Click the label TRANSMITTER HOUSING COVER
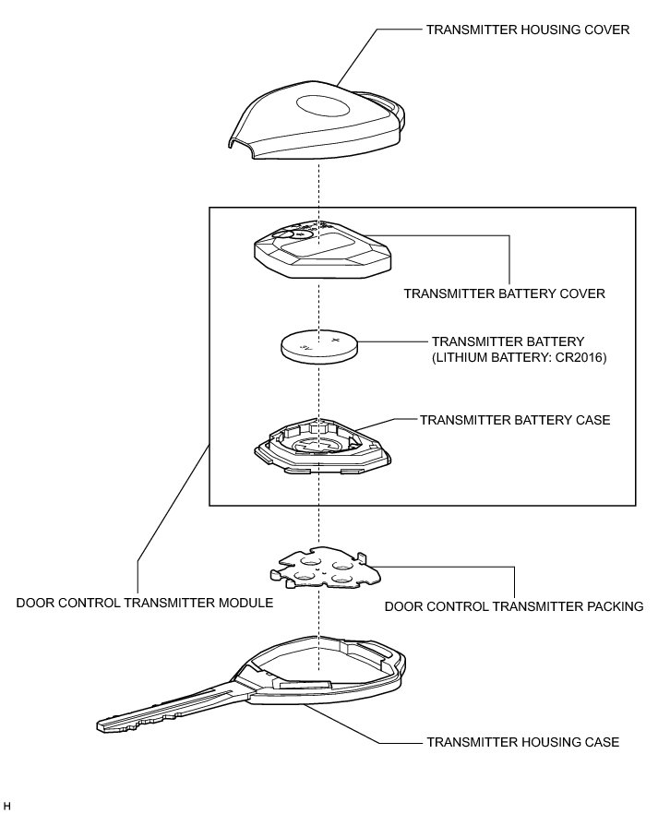[527, 30]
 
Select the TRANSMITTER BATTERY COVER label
[505, 294]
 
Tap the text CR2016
[579, 358]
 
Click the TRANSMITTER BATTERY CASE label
[515, 420]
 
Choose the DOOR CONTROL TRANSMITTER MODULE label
[145, 605]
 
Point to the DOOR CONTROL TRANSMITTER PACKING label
[513, 607]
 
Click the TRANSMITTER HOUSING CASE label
[521, 741]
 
